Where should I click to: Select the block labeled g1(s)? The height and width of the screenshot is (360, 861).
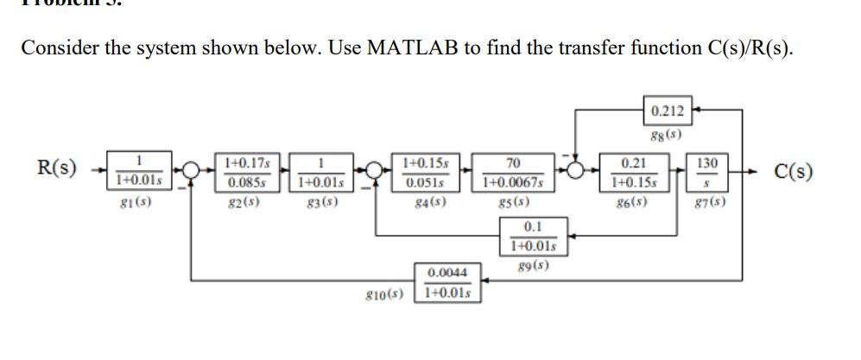pos(138,171)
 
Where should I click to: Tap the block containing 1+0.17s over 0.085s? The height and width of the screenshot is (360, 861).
pos(247,171)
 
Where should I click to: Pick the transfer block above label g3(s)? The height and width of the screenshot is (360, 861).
pos(320,171)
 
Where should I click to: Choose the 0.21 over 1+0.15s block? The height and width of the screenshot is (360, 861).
pos(632,171)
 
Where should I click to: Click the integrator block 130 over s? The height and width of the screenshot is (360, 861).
pos(706,171)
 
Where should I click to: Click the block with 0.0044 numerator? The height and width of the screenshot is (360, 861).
pos(448,283)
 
